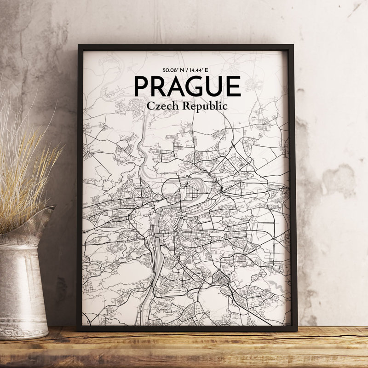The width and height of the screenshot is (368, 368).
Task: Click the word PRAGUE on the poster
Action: point(187,86)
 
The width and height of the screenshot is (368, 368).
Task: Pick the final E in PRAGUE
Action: point(233,86)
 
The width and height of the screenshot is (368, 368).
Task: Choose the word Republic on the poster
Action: point(205,106)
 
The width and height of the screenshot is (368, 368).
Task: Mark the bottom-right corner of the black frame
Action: point(295,330)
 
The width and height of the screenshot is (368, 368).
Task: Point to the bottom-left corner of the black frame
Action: point(78,330)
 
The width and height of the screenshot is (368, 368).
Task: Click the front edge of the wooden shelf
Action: point(184,359)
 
